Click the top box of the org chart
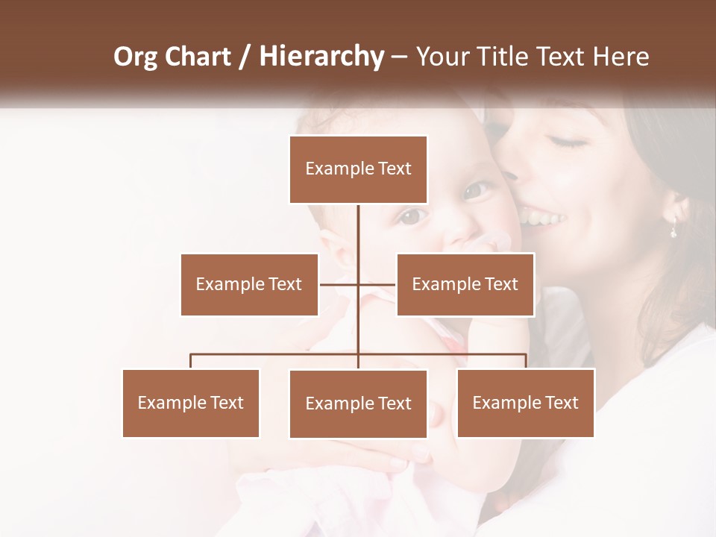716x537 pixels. click(358, 169)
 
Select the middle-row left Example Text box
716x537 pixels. click(249, 284)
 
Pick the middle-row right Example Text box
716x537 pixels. click(465, 284)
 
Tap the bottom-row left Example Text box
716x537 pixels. click(191, 403)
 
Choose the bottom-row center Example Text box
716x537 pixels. click(358, 403)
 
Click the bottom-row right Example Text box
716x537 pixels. click(525, 403)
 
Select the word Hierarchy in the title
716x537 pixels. click(321, 57)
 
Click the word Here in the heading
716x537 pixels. click(621, 57)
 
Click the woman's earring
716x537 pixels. click(673, 230)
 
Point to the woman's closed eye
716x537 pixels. click(568, 142)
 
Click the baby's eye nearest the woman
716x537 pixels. click(476, 190)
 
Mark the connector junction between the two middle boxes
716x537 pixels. click(358, 284)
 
